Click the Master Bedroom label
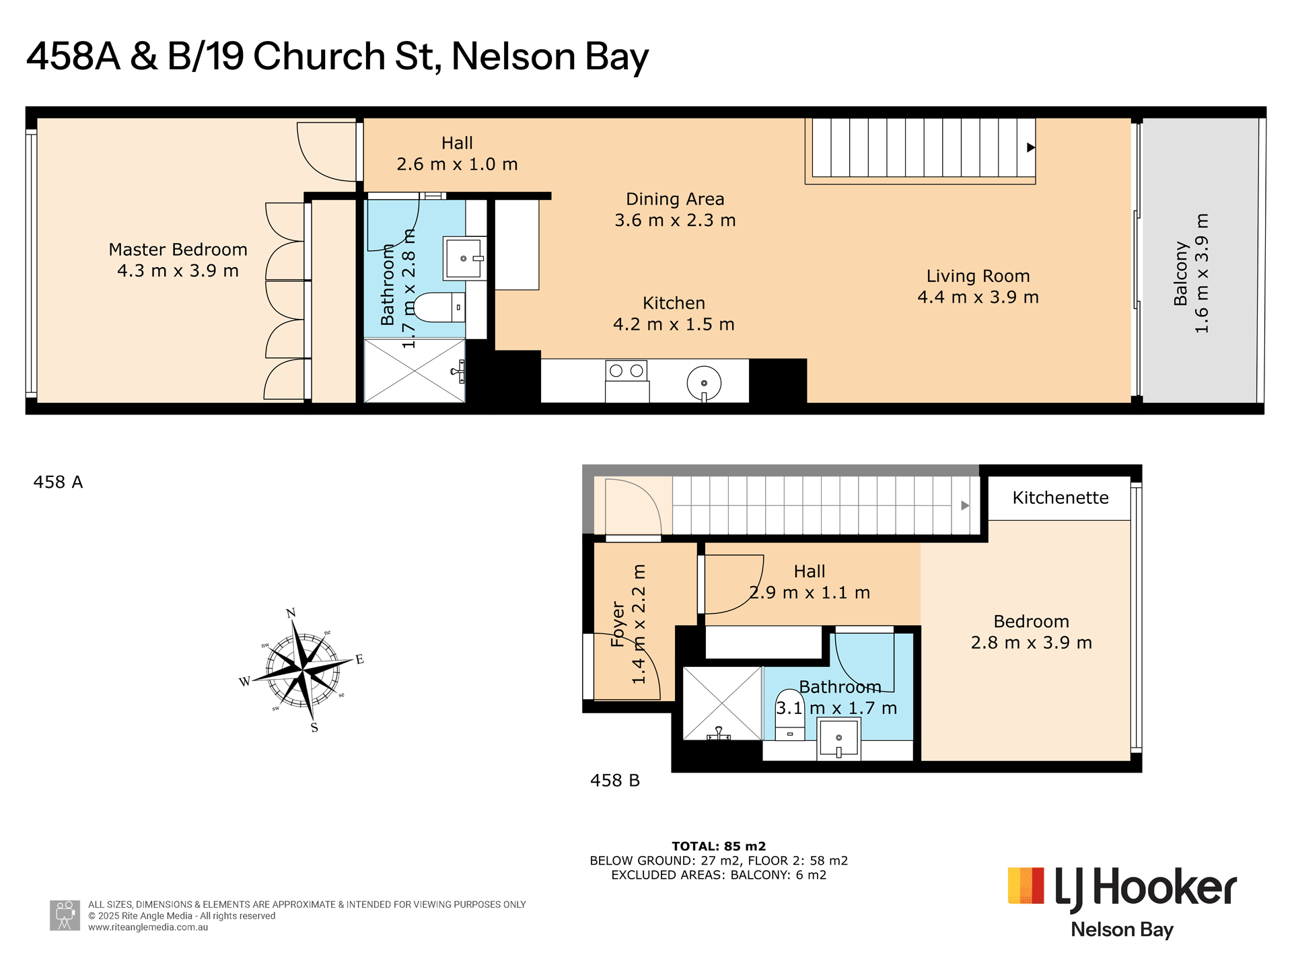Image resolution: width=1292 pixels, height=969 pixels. click(x=178, y=250)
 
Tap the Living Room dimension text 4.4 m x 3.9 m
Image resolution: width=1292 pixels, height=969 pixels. click(x=978, y=297)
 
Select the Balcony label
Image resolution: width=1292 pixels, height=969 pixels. click(x=1180, y=273)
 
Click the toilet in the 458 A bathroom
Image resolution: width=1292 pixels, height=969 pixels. click(x=439, y=307)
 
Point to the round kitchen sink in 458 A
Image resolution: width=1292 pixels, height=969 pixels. click(x=704, y=384)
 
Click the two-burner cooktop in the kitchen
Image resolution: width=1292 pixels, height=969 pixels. click(x=626, y=371)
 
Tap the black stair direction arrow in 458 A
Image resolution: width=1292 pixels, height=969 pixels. click(x=1030, y=147)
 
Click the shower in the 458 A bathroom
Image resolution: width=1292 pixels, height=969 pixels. click(x=415, y=371)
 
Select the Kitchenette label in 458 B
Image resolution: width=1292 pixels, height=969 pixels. click(x=1061, y=498)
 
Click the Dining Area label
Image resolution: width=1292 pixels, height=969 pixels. click(x=675, y=199)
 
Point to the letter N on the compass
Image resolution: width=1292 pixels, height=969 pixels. click(x=291, y=613)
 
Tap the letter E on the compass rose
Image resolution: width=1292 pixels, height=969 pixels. click(x=360, y=659)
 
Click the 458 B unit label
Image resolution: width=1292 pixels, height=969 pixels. click(x=615, y=781)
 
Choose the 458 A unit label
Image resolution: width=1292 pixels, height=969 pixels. click(x=58, y=482)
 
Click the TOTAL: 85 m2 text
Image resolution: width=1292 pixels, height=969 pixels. click(x=719, y=847)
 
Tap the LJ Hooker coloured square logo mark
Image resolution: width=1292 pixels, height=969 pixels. click(x=1026, y=886)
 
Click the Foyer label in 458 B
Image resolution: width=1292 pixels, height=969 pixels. click(x=618, y=624)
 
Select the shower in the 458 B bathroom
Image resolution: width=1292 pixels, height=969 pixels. click(x=723, y=703)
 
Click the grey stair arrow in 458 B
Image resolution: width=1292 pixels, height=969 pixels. click(x=965, y=505)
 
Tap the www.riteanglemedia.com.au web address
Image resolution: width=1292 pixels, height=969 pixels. click(x=148, y=927)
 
